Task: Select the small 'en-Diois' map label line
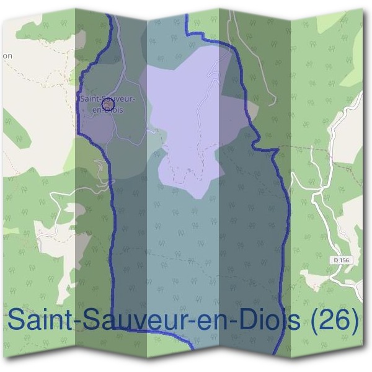point(107,110)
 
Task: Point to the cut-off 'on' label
point(7,56)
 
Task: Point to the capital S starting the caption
point(16,321)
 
